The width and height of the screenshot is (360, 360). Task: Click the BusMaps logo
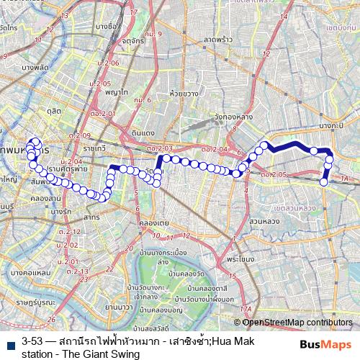pos(327,346)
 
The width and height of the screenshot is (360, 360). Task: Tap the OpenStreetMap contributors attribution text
pos(297,323)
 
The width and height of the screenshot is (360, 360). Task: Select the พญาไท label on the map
pos(116,93)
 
